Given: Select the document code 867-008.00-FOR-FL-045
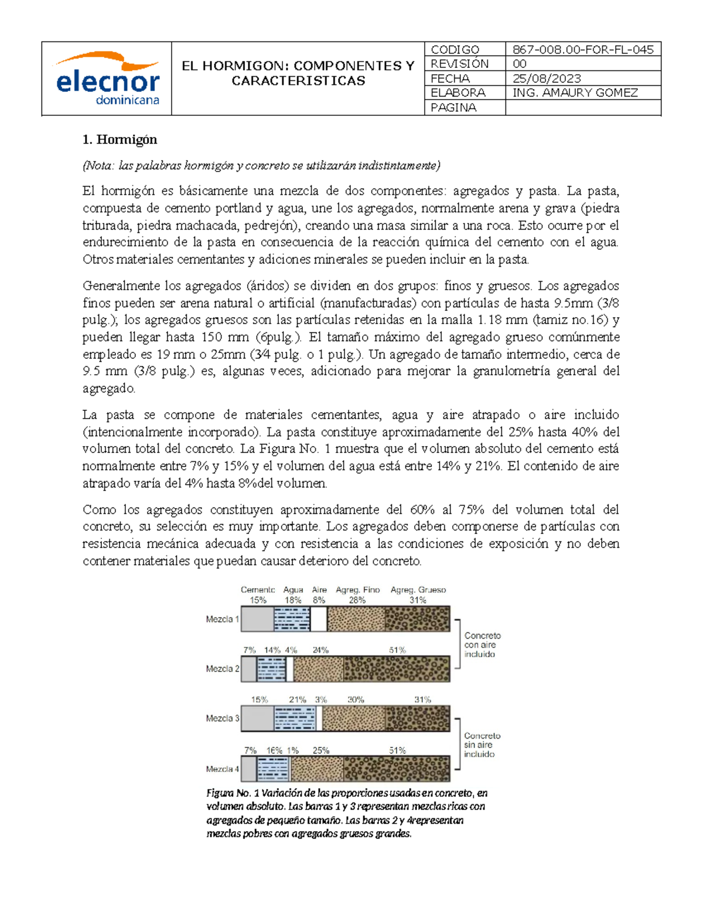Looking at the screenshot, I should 582,50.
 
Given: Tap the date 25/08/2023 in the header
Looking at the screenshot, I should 547,78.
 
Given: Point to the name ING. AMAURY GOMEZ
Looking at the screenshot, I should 575,92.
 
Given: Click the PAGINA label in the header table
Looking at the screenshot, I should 453,107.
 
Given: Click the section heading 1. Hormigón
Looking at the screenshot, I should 120,139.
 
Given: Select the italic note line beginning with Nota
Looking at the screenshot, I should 261,166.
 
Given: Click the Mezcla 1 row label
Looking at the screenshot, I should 222,619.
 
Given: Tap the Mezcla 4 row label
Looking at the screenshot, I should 222,769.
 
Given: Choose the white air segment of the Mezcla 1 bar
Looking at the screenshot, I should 319,619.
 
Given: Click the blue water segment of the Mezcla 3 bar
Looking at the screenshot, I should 295,719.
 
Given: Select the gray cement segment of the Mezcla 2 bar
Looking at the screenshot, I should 249,669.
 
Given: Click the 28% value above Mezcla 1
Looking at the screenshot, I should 357,600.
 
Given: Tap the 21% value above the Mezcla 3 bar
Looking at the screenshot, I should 297,699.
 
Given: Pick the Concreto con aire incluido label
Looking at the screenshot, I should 482,644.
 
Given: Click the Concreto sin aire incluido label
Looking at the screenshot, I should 482,745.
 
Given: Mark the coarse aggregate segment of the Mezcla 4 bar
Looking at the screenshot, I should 397,769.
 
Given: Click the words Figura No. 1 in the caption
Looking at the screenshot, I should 232,793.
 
